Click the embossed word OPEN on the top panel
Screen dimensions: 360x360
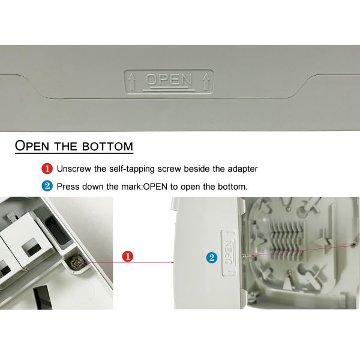pos(169,79)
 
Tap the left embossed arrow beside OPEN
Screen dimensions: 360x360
pos(131,82)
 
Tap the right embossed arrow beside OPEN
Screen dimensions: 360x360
pos(206,82)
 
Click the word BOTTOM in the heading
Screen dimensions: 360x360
pos(107,146)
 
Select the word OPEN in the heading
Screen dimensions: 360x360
pos(32,145)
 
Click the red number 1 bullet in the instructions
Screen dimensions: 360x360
pos(47,169)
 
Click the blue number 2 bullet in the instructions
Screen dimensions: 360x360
pos(47,186)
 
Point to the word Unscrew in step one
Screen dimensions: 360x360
pos(74,169)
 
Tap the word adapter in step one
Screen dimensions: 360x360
pos(242,169)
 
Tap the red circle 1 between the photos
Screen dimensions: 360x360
pos(128,256)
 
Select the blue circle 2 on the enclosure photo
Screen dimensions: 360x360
pos(212,257)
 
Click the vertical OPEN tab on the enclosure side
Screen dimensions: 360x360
pos(228,253)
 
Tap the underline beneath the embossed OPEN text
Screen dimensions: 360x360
pos(169,90)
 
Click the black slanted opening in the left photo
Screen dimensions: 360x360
pos(43,298)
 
